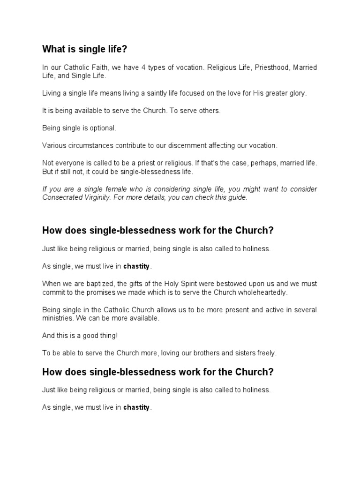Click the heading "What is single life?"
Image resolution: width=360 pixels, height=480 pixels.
point(84,49)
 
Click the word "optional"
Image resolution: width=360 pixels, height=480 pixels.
point(102,127)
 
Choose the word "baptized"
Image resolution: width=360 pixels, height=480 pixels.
point(100,284)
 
